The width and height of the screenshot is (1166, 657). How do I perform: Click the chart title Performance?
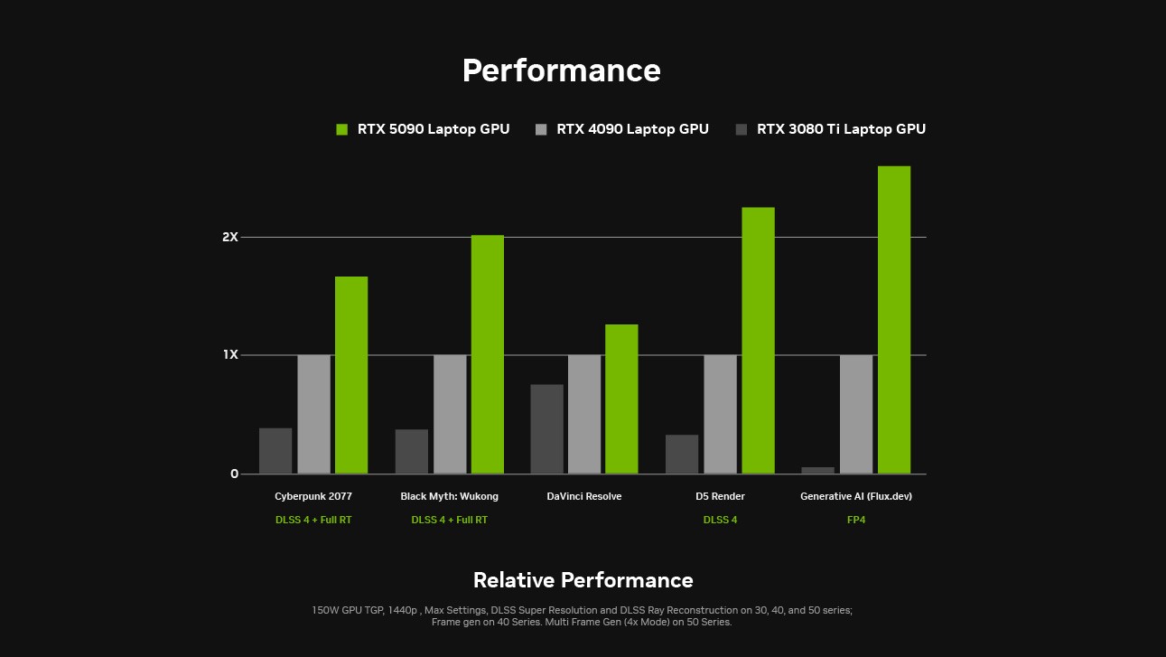pos(561,70)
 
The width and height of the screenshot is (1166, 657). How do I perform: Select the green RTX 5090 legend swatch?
pos(341,129)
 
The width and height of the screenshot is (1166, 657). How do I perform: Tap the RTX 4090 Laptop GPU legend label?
pos(632,129)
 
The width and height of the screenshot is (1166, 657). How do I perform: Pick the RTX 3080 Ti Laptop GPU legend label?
pos(841,129)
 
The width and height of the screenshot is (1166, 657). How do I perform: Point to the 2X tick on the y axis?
pos(230,238)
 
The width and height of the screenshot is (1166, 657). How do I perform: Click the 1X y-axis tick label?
pos(230,355)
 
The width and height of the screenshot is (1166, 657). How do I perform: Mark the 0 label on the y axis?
pos(234,474)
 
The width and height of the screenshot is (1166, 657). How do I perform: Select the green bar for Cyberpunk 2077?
pos(351,375)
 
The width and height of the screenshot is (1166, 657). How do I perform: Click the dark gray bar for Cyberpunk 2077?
pos(275,451)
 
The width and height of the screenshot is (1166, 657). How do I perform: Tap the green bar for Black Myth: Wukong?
pos(488,354)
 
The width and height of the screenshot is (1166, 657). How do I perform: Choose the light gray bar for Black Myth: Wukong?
pos(450,414)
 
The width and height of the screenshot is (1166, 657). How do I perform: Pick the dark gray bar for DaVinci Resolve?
pos(546,429)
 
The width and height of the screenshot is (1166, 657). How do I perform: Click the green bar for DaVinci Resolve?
pos(621,399)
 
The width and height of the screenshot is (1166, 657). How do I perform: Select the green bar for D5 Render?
pos(758,341)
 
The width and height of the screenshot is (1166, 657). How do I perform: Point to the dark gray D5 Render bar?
pos(682,455)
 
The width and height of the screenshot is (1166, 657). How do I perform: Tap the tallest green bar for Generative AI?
pos(894,320)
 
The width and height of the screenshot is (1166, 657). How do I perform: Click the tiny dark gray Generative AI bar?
pos(818,470)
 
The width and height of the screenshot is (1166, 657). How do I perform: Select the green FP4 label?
pos(856,520)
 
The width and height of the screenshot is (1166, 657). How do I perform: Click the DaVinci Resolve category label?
pos(584,496)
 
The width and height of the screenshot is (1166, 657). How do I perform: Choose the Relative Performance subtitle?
pos(583,580)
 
